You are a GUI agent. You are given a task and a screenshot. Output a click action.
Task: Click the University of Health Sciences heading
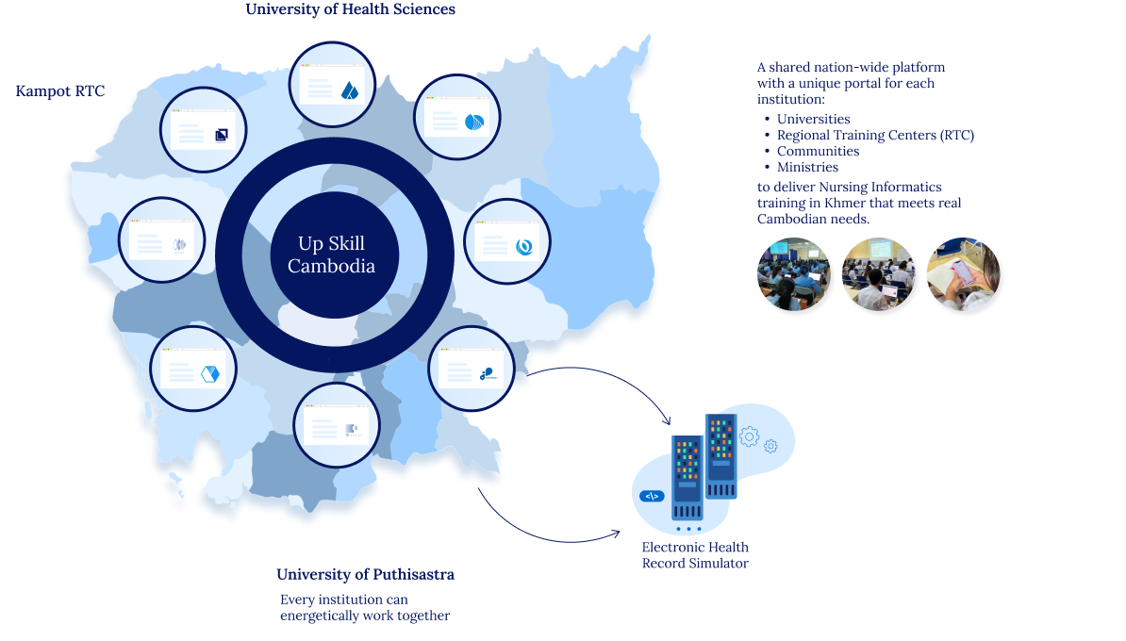point(351,9)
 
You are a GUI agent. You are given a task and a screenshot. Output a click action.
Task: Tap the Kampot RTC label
point(60,91)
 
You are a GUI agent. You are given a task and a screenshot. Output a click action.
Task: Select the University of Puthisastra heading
point(366,574)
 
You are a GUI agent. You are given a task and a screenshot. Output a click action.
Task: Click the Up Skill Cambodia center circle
point(332,255)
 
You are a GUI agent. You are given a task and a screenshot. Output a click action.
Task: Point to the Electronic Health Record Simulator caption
point(695,555)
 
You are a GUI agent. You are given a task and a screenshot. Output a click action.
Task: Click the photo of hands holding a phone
point(963,274)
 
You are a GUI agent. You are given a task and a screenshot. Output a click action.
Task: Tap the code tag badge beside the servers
point(652,496)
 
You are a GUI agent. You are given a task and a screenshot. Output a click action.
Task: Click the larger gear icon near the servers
point(749,436)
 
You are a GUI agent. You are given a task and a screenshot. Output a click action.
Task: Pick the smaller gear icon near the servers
point(770,447)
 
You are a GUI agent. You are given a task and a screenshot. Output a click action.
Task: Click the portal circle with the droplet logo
point(333,85)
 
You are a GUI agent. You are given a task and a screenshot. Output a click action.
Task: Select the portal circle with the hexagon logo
point(193,369)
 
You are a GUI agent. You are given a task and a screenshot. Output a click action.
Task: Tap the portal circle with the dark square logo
point(204,130)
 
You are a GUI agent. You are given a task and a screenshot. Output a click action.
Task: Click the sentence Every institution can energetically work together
point(365,607)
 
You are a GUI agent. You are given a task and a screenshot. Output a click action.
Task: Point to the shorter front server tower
point(687,477)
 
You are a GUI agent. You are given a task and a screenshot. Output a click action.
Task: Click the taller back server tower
point(721,456)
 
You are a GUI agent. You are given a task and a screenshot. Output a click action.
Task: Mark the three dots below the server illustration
point(688,529)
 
